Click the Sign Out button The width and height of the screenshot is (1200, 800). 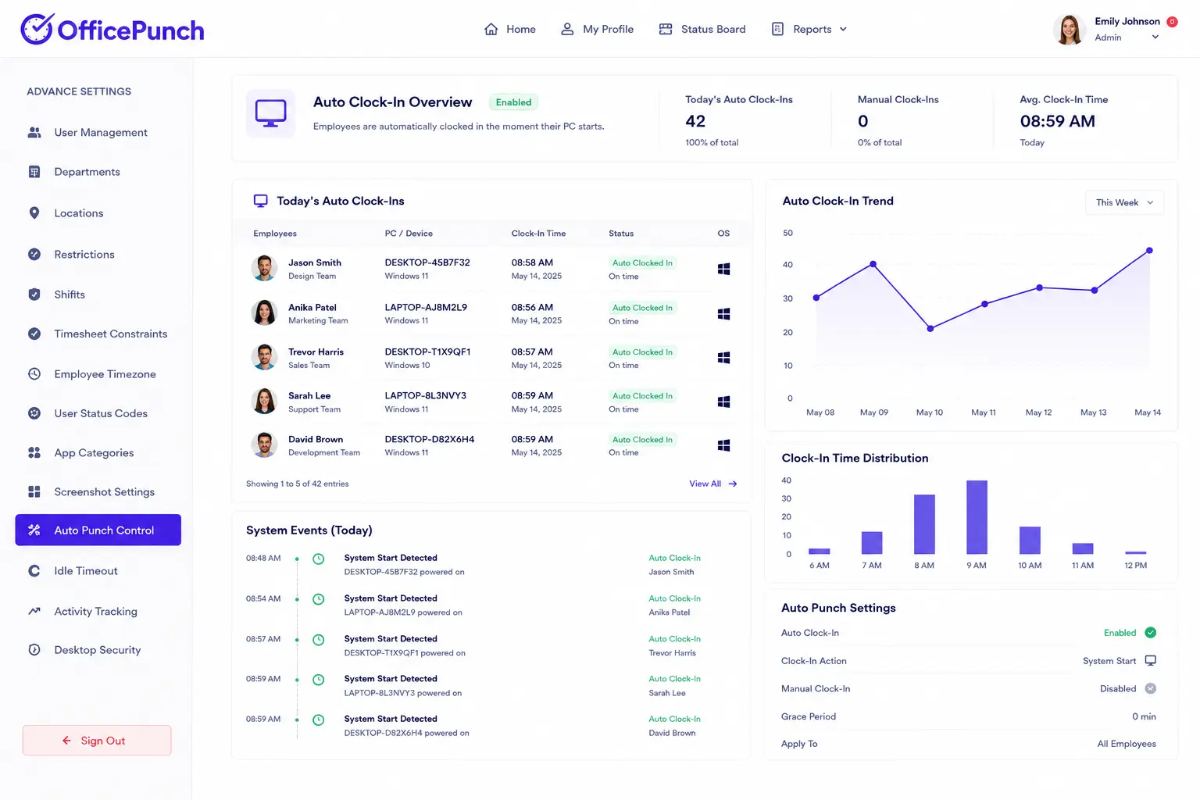click(97, 740)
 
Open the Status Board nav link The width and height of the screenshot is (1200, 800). click(702, 29)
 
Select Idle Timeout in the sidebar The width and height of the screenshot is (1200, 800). click(86, 570)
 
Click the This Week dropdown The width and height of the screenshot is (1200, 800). click(1124, 202)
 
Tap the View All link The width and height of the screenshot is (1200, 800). click(713, 484)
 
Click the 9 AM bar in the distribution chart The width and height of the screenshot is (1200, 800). click(977, 517)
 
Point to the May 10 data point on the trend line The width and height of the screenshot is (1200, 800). click(930, 328)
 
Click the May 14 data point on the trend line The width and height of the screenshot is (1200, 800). click(1149, 250)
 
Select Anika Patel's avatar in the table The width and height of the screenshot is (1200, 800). click(264, 312)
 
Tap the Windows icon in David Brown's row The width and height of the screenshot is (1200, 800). click(723, 445)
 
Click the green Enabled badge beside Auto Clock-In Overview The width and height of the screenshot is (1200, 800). click(513, 102)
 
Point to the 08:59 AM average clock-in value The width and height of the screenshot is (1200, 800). click(1057, 121)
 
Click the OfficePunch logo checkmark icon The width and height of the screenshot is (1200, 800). click(37, 29)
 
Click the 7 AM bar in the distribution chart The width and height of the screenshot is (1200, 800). click(872, 543)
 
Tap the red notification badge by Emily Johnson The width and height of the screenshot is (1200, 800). click(1172, 21)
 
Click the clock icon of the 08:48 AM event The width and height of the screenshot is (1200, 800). click(318, 559)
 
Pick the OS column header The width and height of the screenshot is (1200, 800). click(723, 234)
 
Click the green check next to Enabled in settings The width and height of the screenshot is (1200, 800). click(1150, 633)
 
